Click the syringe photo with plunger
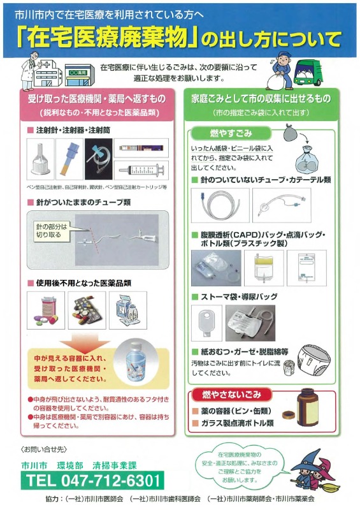[139, 170]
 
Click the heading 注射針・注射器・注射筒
[68, 130]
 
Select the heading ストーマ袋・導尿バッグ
[240, 296]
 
